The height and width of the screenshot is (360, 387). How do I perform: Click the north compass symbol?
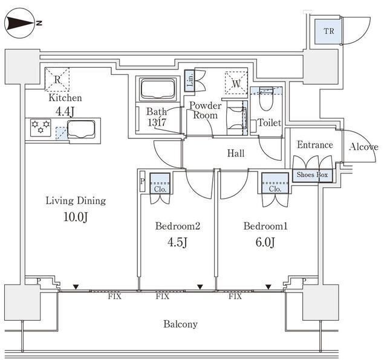[x=20, y=23]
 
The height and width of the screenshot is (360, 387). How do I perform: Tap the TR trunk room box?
[x=328, y=31]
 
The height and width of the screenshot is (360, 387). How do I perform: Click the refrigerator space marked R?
[x=57, y=79]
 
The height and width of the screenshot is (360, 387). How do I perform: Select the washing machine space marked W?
[x=236, y=83]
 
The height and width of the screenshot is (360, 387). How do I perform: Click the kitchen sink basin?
[x=81, y=129]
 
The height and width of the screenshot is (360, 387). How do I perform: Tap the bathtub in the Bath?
[x=157, y=89]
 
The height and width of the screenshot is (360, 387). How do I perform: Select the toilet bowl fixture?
[x=266, y=99]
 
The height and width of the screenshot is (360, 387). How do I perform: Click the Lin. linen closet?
[x=189, y=81]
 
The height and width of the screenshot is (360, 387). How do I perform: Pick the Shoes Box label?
[x=312, y=175]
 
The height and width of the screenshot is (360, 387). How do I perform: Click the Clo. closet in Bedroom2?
[x=160, y=183]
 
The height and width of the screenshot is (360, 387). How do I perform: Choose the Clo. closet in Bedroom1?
[x=275, y=183]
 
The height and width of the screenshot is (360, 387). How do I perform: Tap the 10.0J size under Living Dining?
[x=76, y=217]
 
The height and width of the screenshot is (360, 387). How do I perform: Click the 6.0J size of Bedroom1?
[x=265, y=242]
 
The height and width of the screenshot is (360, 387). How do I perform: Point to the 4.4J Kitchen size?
[x=65, y=112]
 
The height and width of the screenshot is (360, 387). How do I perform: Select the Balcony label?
[x=180, y=324]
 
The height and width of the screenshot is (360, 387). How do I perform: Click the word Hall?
[x=236, y=153]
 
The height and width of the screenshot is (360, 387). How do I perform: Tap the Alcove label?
[x=363, y=147]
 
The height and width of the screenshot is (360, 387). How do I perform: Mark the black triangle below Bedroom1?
[x=268, y=287]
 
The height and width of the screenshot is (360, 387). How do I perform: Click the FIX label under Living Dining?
[x=114, y=297]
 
